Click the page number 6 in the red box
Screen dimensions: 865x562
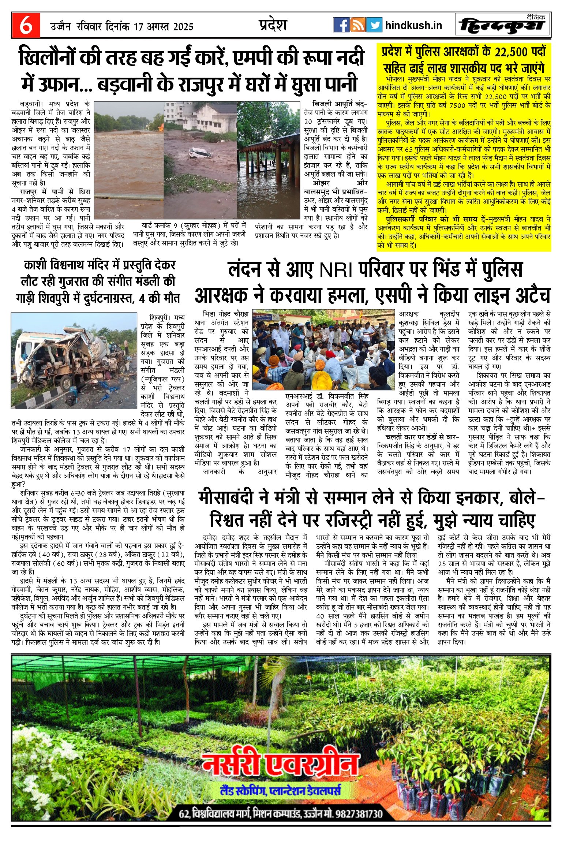point(26,26)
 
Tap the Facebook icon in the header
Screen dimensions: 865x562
point(341,25)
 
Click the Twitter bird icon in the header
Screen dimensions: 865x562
point(374,25)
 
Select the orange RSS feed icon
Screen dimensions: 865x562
point(357,25)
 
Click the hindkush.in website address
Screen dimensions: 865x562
point(413,25)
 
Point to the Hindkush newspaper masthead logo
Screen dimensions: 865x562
point(503,25)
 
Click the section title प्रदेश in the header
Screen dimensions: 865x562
point(273,25)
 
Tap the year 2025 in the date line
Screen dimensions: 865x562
point(183,27)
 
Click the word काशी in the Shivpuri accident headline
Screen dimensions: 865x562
point(37,265)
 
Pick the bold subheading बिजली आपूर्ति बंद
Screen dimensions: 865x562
point(339,104)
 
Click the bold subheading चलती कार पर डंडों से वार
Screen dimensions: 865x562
point(421,437)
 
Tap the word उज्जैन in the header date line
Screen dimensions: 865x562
point(60,27)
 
